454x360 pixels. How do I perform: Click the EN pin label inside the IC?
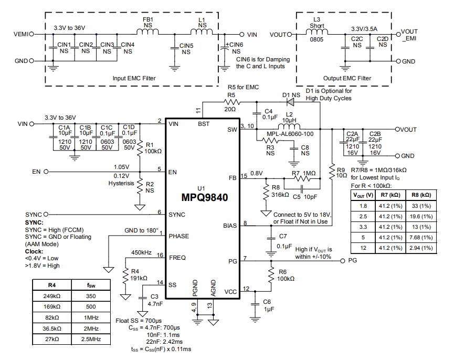173,172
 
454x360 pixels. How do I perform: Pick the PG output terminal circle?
342,261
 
